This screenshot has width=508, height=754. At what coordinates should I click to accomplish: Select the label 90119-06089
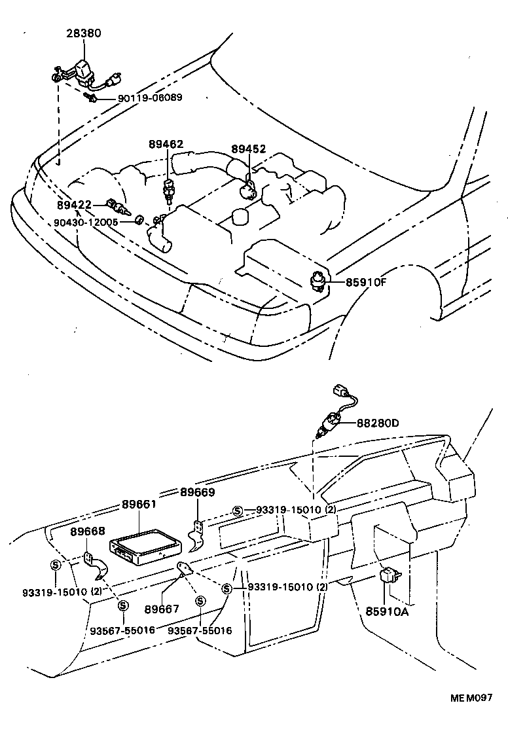coord(150,98)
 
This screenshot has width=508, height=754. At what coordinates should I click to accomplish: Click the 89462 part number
coord(166,145)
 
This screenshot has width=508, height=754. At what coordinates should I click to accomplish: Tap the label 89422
coord(73,205)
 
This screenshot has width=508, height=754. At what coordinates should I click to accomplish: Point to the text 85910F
coord(367,283)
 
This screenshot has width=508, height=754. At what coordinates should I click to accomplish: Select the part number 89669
coord(198,492)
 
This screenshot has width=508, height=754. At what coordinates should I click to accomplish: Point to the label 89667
coord(161,608)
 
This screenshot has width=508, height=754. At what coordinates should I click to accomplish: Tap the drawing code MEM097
coord(470,698)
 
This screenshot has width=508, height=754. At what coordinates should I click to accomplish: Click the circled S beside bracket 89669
coord(238,511)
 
